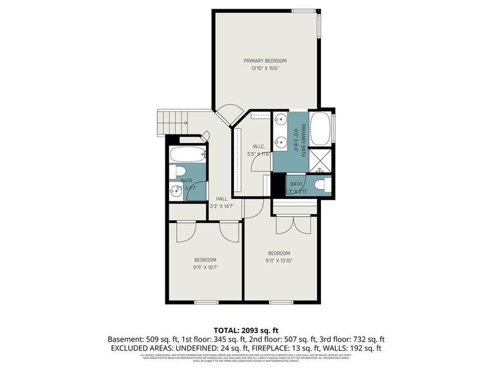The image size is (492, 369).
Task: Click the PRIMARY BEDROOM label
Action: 265,61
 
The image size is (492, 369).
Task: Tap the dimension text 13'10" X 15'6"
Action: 265,69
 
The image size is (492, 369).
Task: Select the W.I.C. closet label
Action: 259,146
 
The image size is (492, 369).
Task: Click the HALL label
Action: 221,198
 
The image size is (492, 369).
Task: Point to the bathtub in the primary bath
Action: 320,128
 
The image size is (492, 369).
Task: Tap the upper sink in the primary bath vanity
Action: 281,119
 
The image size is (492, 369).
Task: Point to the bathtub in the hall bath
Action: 188,155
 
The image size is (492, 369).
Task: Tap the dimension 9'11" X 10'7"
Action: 206,268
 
